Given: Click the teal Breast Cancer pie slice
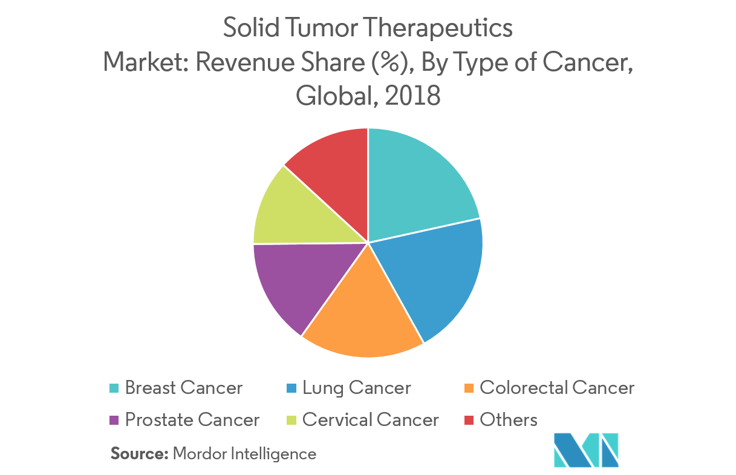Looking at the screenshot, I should pyautogui.click(x=417, y=182).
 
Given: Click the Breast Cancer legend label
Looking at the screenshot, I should pyautogui.click(x=184, y=388).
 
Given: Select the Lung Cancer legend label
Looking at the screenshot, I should pyautogui.click(x=357, y=388).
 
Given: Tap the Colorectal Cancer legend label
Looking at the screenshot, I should pyautogui.click(x=557, y=388).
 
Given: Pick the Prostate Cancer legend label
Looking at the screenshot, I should pyautogui.click(x=192, y=419).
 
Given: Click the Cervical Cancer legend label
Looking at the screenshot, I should pyautogui.click(x=371, y=419).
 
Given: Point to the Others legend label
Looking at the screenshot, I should pyautogui.click(x=509, y=419).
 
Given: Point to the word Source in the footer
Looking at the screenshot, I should pyautogui.click(x=139, y=453).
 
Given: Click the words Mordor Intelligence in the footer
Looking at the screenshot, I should pyautogui.click(x=244, y=453).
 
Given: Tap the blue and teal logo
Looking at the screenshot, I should pyautogui.click(x=585, y=450).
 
